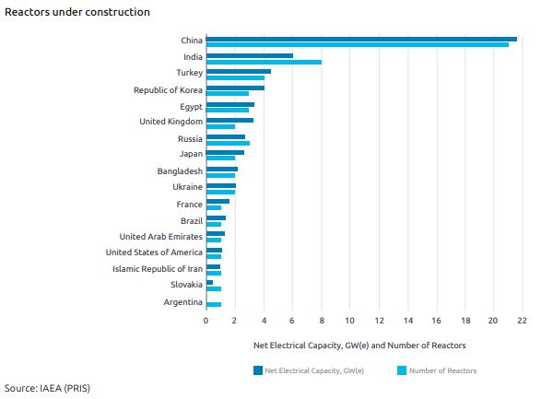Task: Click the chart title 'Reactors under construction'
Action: (77, 12)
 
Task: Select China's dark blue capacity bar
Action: (361, 39)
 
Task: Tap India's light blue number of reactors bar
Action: (264, 62)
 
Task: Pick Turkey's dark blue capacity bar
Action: (239, 71)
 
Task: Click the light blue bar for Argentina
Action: (214, 304)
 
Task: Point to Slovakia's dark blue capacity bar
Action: (210, 282)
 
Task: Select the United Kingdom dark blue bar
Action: (229, 120)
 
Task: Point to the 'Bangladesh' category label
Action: (180, 170)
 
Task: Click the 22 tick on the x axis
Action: (522, 321)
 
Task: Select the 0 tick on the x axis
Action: (206, 321)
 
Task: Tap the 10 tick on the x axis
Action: (350, 321)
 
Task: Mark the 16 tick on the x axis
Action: (436, 321)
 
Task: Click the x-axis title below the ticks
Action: (359, 345)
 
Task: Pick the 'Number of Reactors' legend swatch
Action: (401, 370)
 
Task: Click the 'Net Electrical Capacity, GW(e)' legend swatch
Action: (257, 370)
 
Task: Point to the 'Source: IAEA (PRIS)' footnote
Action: (48, 388)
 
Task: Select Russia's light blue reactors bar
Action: (228, 143)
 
